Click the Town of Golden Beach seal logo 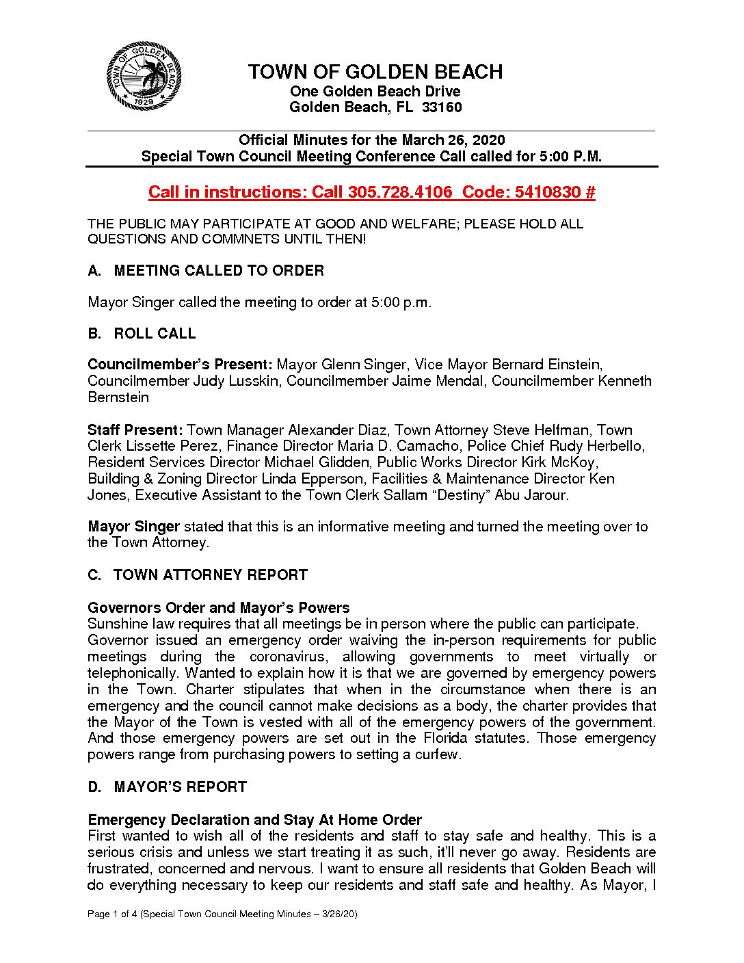click(144, 76)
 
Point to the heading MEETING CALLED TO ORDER click(219, 271)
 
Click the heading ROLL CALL click(155, 334)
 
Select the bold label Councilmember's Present click(180, 365)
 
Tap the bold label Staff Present click(135, 430)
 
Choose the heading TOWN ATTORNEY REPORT click(211, 575)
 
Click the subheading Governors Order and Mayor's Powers click(218, 608)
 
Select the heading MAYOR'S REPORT click(180, 787)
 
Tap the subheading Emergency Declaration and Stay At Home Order click(254, 820)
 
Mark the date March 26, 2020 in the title click(453, 140)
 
